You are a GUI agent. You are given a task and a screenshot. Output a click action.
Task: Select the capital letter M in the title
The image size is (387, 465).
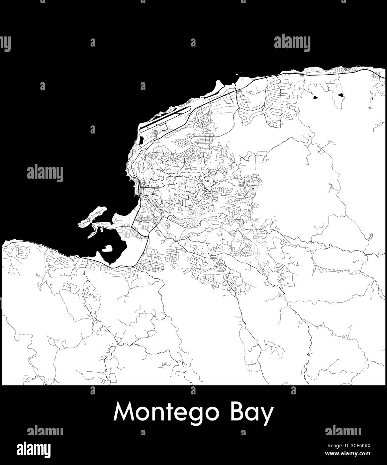tap(123, 411)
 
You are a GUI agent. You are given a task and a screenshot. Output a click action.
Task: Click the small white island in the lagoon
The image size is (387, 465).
tap(107, 249)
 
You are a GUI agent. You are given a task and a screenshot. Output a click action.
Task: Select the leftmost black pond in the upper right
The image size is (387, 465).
tap(315, 98)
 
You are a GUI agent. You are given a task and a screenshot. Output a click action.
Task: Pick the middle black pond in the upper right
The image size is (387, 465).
tap(341, 95)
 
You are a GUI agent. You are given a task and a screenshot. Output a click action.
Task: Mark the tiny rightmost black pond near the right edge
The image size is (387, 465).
tap(372, 98)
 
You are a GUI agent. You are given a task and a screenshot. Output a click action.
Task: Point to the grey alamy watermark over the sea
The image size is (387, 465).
tap(45, 173)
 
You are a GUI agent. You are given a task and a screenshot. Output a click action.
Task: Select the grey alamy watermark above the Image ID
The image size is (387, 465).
tap(343, 431)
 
